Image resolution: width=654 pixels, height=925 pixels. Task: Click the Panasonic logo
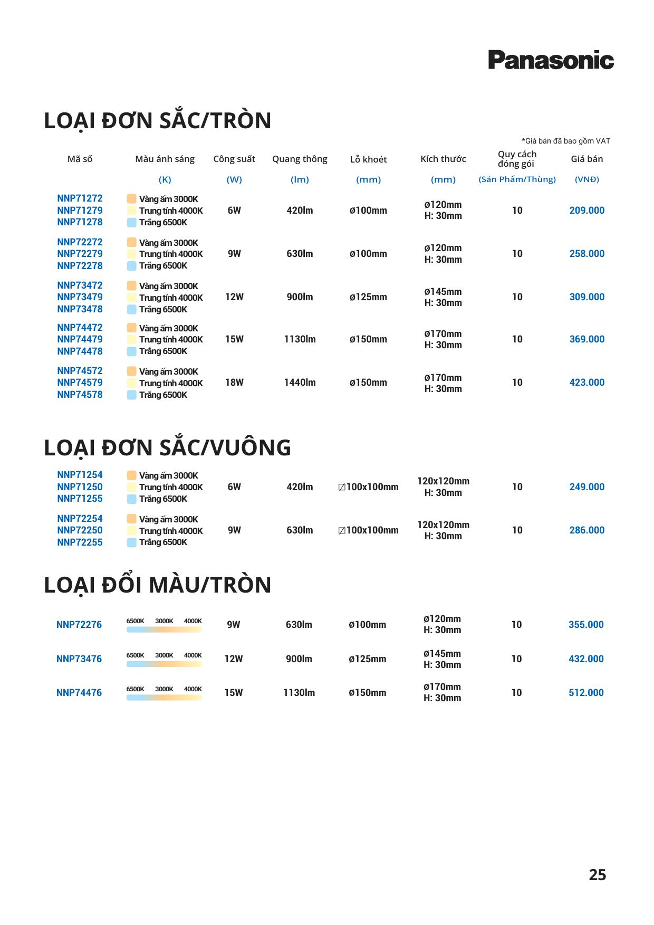[x=551, y=60]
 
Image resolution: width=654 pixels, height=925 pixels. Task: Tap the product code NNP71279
[x=80, y=211]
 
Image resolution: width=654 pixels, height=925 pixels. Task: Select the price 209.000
[x=586, y=211]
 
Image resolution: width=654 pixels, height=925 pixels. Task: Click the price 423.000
[x=586, y=383]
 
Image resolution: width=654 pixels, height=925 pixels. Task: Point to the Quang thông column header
[x=300, y=159]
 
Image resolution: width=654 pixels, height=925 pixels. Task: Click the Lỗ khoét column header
[x=368, y=159]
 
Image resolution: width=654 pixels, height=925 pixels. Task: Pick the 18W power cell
[x=234, y=383]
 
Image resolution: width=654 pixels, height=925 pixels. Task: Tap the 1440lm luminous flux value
[x=300, y=383]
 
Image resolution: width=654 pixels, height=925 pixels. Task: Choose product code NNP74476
[x=79, y=693]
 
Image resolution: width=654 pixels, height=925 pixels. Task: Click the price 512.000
[x=586, y=693]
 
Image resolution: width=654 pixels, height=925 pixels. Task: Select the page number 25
[x=597, y=875]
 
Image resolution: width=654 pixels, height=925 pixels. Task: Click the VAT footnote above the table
[x=565, y=141]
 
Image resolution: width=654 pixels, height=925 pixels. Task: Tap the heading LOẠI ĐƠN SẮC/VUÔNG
[x=167, y=447]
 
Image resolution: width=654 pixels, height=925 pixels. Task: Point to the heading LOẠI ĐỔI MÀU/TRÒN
[x=157, y=585]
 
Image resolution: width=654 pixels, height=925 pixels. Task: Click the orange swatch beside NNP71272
[x=131, y=199]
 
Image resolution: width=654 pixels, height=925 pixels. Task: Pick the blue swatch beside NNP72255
[x=131, y=542]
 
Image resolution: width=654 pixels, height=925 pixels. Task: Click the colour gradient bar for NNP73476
[x=164, y=664]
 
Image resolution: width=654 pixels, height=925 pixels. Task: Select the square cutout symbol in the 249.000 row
[x=342, y=488]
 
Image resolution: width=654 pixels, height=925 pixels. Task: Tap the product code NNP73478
[x=80, y=309]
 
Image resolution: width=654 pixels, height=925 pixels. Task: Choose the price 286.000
[x=586, y=530]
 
